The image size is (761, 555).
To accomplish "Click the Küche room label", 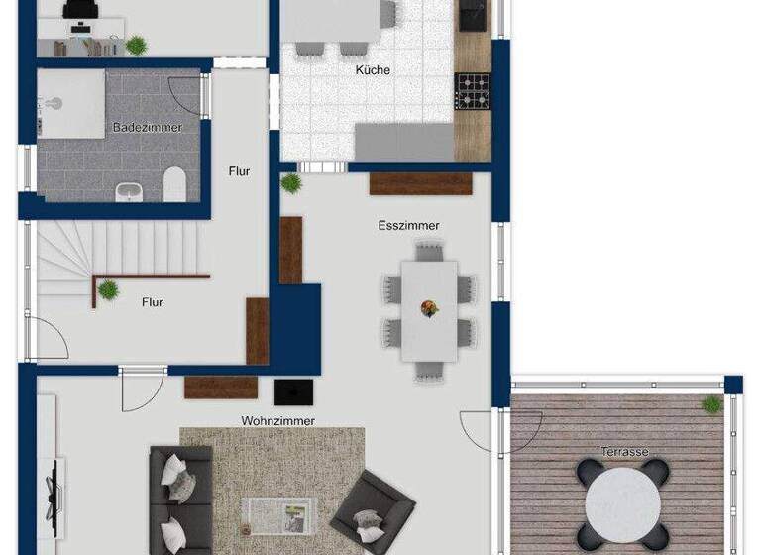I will coord(373,70).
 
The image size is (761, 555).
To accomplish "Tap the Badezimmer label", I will coord(147,128).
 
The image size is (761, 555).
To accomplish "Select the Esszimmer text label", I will coord(408,226).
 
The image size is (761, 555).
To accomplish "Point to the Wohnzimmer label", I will coord(278,421).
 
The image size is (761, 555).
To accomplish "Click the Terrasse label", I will coord(625,453).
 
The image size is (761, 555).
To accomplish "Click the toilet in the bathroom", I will coord(175,183).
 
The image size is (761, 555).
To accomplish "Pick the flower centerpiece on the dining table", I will coord(430,308).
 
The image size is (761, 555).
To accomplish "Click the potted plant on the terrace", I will coord(711,403).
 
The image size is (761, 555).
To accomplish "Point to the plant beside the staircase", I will coord(108,290).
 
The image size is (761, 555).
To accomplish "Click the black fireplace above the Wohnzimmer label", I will coord(293,391).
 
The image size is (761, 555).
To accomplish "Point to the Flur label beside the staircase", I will coord(152,302).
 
